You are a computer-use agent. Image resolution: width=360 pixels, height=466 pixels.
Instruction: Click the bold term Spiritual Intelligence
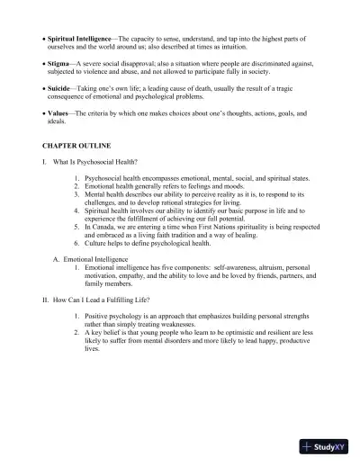(x=78, y=40)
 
